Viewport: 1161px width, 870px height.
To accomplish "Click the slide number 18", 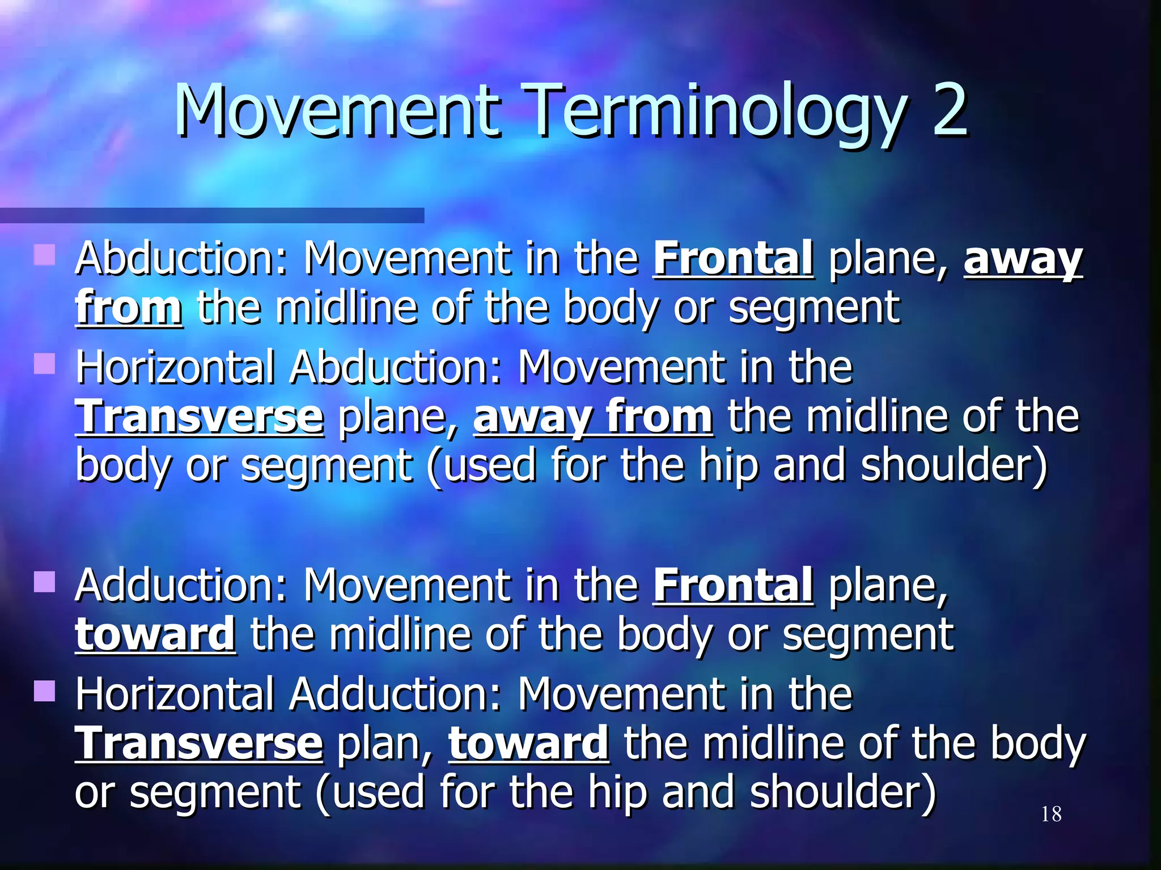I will coord(1051,814).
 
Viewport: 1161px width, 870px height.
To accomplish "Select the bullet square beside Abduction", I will coord(44,255).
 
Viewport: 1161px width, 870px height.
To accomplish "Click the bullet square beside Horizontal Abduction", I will coord(44,364).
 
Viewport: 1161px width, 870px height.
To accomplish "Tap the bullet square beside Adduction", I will coord(44,582).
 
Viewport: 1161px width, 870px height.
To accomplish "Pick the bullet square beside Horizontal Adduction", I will coord(44,691).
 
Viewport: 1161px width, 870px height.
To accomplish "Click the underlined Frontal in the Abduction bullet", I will coord(734,259).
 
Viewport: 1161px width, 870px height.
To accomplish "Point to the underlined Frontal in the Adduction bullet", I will coord(734,586).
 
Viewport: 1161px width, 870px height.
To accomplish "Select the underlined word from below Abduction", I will coord(129,308).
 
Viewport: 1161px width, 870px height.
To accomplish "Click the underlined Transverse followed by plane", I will coord(200,417).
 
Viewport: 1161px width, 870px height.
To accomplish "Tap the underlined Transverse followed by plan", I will coord(200,744).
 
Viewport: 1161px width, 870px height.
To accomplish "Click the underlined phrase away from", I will coord(593,417).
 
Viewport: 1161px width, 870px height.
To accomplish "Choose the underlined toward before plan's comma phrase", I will coord(529,744).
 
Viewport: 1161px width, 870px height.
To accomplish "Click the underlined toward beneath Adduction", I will coord(155,634).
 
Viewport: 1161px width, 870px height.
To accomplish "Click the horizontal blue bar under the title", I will coord(212,215).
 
